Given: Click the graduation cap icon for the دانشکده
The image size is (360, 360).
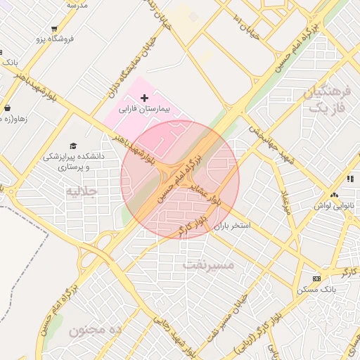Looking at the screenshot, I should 73,146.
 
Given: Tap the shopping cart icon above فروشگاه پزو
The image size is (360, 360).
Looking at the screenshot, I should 53,29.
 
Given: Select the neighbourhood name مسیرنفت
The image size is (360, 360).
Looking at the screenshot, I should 208,264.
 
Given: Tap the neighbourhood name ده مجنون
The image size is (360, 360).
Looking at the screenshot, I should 96,329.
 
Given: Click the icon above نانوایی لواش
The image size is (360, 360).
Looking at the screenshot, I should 334,195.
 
